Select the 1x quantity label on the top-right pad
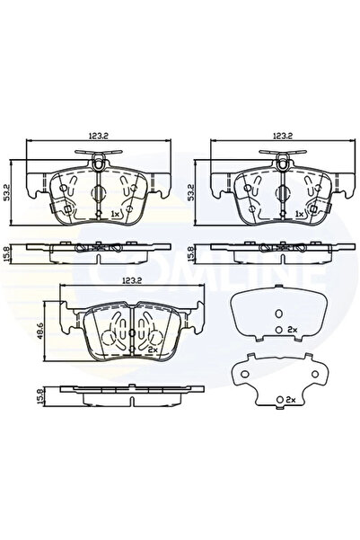[298, 215]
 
